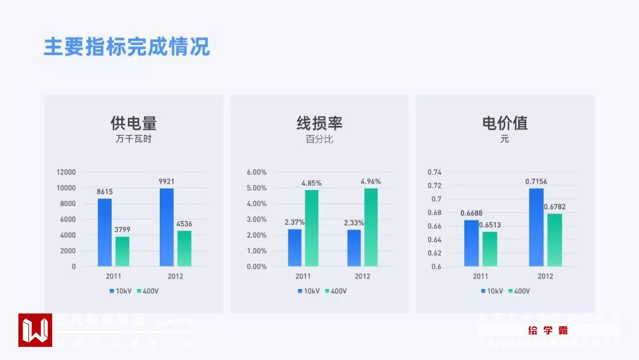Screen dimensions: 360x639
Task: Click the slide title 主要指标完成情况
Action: click(127, 47)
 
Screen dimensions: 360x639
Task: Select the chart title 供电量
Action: click(134, 123)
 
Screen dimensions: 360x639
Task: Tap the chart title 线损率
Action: click(319, 123)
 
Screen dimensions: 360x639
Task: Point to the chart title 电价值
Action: click(505, 123)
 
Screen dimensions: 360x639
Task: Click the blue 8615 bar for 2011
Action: click(105, 232)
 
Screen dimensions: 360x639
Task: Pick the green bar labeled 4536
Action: click(185, 248)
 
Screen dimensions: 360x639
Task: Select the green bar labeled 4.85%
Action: click(312, 228)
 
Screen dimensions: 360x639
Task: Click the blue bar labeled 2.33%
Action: click(354, 247)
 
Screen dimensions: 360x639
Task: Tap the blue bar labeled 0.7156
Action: click(536, 227)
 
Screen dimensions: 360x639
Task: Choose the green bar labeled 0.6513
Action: click(490, 249)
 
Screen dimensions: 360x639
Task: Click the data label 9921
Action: click(167, 181)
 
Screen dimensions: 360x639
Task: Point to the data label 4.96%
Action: click(371, 181)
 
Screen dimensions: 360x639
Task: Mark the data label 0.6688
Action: click(471, 213)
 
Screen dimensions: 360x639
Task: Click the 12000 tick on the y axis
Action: click(66, 172)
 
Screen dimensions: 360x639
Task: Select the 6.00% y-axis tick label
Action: click(256, 172)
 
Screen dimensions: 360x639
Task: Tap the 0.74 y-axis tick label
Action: click(435, 172)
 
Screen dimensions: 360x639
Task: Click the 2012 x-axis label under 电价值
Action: click(545, 277)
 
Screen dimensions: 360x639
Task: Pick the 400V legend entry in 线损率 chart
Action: click(335, 291)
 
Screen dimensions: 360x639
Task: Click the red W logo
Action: click(35, 330)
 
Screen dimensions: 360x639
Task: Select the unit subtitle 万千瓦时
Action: click(134, 140)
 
